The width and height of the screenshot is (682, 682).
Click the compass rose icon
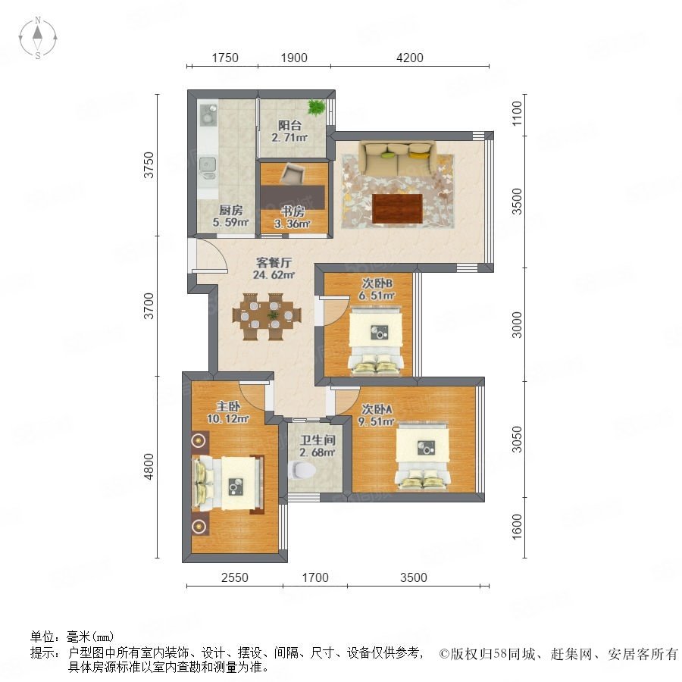[38, 38]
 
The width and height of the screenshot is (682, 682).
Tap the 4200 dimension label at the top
[410, 58]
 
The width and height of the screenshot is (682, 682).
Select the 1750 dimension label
[225, 58]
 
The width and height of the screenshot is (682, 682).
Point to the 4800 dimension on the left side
[149, 466]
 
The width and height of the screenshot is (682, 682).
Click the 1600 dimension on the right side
[516, 527]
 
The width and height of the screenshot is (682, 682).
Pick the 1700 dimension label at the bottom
[315, 577]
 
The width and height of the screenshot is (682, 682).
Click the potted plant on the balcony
[316, 107]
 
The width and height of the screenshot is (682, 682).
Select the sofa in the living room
[397, 158]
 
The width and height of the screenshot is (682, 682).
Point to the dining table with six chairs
[267, 316]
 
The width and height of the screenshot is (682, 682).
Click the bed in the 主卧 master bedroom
[228, 483]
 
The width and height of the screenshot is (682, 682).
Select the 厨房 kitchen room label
[230, 211]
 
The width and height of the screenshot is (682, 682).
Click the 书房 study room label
[293, 212]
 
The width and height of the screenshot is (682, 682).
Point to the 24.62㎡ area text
[274, 275]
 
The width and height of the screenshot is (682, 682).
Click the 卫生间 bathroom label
[318, 440]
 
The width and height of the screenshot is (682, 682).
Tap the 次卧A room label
[377, 409]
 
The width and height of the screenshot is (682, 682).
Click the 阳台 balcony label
[289, 126]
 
